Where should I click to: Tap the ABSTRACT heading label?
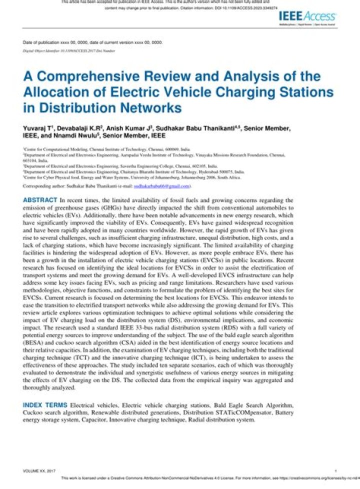[x=40, y=200]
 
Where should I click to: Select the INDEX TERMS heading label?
[x=45, y=404]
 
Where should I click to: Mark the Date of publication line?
[x=92, y=43]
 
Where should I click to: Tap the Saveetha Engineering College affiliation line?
[x=120, y=166]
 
